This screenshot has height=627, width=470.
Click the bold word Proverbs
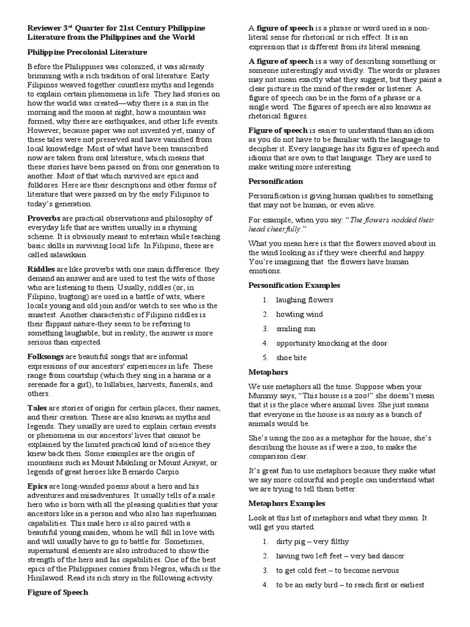[x=42, y=219]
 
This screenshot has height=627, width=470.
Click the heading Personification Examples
[x=294, y=285]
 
